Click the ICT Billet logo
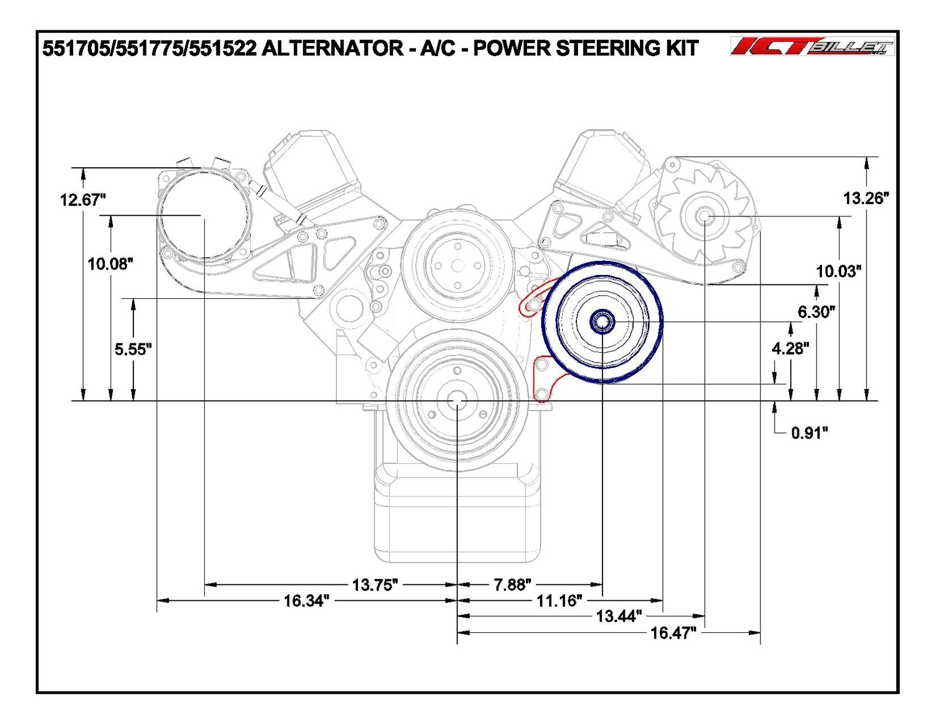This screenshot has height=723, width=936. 812,46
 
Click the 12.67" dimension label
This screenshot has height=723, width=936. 82,200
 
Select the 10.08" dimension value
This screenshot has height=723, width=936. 111,264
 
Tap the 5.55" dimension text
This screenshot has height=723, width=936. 133,349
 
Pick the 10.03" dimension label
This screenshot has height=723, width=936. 839,271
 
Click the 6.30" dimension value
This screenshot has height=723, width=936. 816,312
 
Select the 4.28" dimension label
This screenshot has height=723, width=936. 790,349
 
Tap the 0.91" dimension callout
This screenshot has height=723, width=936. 810,433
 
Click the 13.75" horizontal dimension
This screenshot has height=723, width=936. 375,584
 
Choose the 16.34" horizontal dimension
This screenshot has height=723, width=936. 307,601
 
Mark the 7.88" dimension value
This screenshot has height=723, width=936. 512,584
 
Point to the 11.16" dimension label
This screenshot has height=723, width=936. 559,601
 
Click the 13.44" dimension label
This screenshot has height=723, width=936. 619,616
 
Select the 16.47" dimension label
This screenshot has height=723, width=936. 673,632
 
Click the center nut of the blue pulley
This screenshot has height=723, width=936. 602,321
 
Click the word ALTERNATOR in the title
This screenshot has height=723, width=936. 332,48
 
